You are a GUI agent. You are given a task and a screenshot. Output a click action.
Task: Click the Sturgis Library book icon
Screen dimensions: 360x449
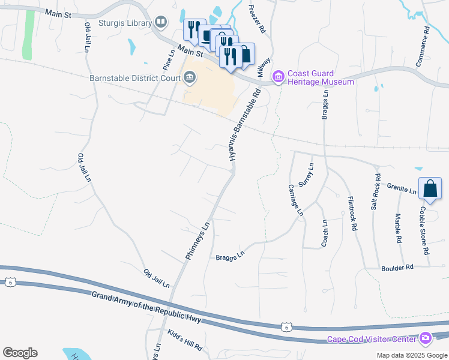(160, 23)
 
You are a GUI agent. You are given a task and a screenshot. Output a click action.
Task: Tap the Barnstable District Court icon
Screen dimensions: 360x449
(190, 78)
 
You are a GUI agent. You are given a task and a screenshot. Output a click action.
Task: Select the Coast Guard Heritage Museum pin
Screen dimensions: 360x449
(278, 77)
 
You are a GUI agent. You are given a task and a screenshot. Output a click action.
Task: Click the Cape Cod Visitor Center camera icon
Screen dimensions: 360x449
(426, 339)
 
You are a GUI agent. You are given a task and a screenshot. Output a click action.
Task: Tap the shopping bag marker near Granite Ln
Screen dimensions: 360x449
(430, 188)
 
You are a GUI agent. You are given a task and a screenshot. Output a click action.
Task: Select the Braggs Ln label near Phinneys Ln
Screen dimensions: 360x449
(231, 256)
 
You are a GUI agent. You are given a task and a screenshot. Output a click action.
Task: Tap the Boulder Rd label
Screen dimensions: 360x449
(397, 268)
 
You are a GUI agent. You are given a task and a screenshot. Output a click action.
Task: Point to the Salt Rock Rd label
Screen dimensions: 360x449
(375, 191)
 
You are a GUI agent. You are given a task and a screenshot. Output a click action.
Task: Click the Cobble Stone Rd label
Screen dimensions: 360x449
(424, 231)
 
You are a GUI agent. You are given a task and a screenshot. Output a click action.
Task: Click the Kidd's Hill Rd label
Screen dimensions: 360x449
(185, 340)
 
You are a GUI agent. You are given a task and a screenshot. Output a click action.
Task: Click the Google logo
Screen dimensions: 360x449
(20, 353)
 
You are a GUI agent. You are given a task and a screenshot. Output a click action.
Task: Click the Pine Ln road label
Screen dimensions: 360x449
(169, 58)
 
